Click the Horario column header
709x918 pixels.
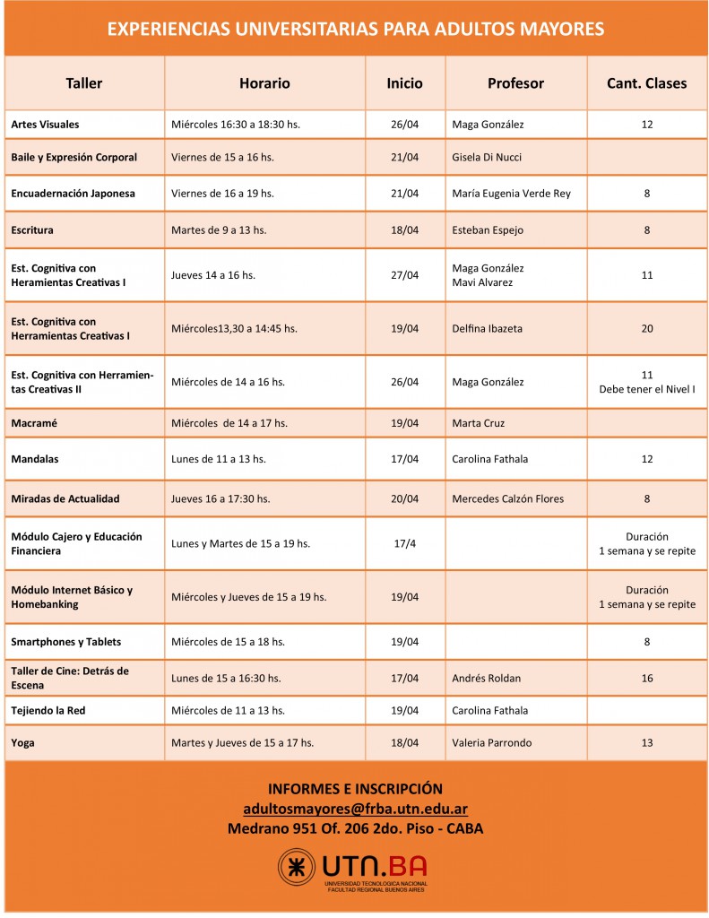(264, 83)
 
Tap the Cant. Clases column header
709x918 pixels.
(647, 83)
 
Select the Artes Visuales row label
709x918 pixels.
(46, 125)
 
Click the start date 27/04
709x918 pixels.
(404, 275)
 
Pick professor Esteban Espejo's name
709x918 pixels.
(488, 230)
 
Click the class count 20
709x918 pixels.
(647, 329)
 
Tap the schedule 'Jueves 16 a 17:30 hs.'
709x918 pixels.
(220, 498)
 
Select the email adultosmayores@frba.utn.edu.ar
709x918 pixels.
(355, 808)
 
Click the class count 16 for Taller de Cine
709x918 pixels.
(647, 679)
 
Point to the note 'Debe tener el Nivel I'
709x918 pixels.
(647, 389)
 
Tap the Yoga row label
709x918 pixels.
(23, 743)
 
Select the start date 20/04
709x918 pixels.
(404, 498)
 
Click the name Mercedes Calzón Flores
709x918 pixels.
(508, 498)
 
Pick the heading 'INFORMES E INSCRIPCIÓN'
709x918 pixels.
(355, 789)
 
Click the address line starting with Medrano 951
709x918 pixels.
(355, 828)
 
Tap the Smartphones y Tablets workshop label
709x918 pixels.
(66, 642)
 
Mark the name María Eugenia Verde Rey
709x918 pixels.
(511, 194)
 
